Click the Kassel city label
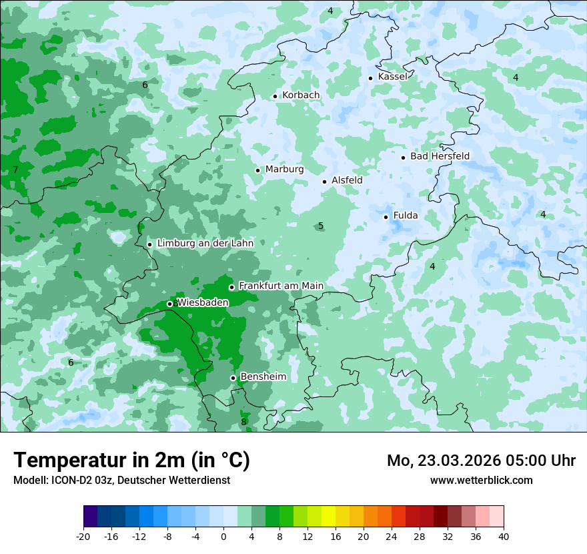[392, 77]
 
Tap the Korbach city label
[301, 95]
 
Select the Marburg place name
[284, 170]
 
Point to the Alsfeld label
[347, 180]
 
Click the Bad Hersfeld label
[440, 156]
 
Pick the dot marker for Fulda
[386, 216]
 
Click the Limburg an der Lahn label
[205, 244]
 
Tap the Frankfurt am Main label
[281, 286]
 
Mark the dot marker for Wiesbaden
[170, 304]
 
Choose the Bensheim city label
[263, 377]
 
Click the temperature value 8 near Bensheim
[243, 422]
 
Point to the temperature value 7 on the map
[15, 170]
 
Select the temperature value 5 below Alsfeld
[321, 226]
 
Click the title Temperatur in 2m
[131, 460]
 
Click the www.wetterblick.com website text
[481, 480]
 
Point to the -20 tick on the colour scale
[83, 536]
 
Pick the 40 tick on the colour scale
[504, 536]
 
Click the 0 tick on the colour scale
[223, 536]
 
